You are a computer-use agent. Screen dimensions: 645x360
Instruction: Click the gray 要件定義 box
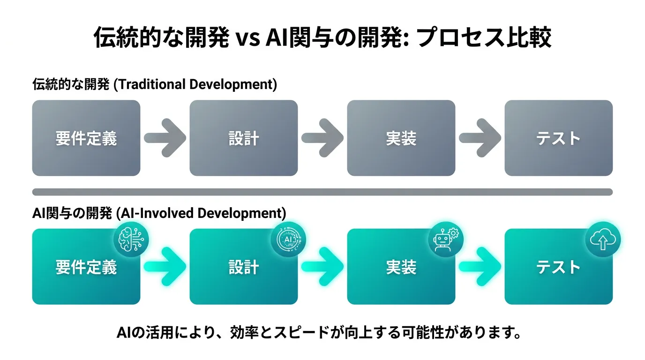[x=86, y=138]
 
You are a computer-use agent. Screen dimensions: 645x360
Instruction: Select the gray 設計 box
[x=244, y=138]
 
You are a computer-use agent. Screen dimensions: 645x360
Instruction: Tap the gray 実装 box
[x=401, y=138]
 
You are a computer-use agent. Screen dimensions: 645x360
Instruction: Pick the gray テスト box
[x=559, y=138]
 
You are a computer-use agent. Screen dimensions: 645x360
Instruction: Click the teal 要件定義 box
[x=86, y=267]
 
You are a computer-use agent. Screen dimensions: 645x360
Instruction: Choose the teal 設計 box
[x=244, y=267]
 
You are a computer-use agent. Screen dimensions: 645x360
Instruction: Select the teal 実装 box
[x=401, y=267]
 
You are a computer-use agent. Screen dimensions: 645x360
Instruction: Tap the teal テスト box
[x=559, y=267]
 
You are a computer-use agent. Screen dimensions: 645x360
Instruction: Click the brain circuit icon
[x=131, y=240]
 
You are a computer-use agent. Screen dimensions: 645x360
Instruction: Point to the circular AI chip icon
[x=289, y=240]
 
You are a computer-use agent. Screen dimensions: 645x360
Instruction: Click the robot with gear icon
[x=446, y=240]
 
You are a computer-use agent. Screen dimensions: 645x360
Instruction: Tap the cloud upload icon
[x=603, y=240]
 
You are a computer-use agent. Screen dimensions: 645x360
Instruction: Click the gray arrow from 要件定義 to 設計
[x=165, y=138]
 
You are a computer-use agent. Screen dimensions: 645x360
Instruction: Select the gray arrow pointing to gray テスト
[x=480, y=138]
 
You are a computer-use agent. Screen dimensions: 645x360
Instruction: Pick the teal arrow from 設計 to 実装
[x=322, y=267]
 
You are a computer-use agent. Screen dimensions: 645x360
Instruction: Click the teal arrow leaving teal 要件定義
[x=165, y=267]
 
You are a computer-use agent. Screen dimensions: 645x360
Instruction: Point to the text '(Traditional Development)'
[x=195, y=85]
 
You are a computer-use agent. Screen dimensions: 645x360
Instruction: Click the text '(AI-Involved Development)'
[x=201, y=213]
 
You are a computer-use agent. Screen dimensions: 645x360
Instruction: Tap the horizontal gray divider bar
[x=322, y=192]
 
